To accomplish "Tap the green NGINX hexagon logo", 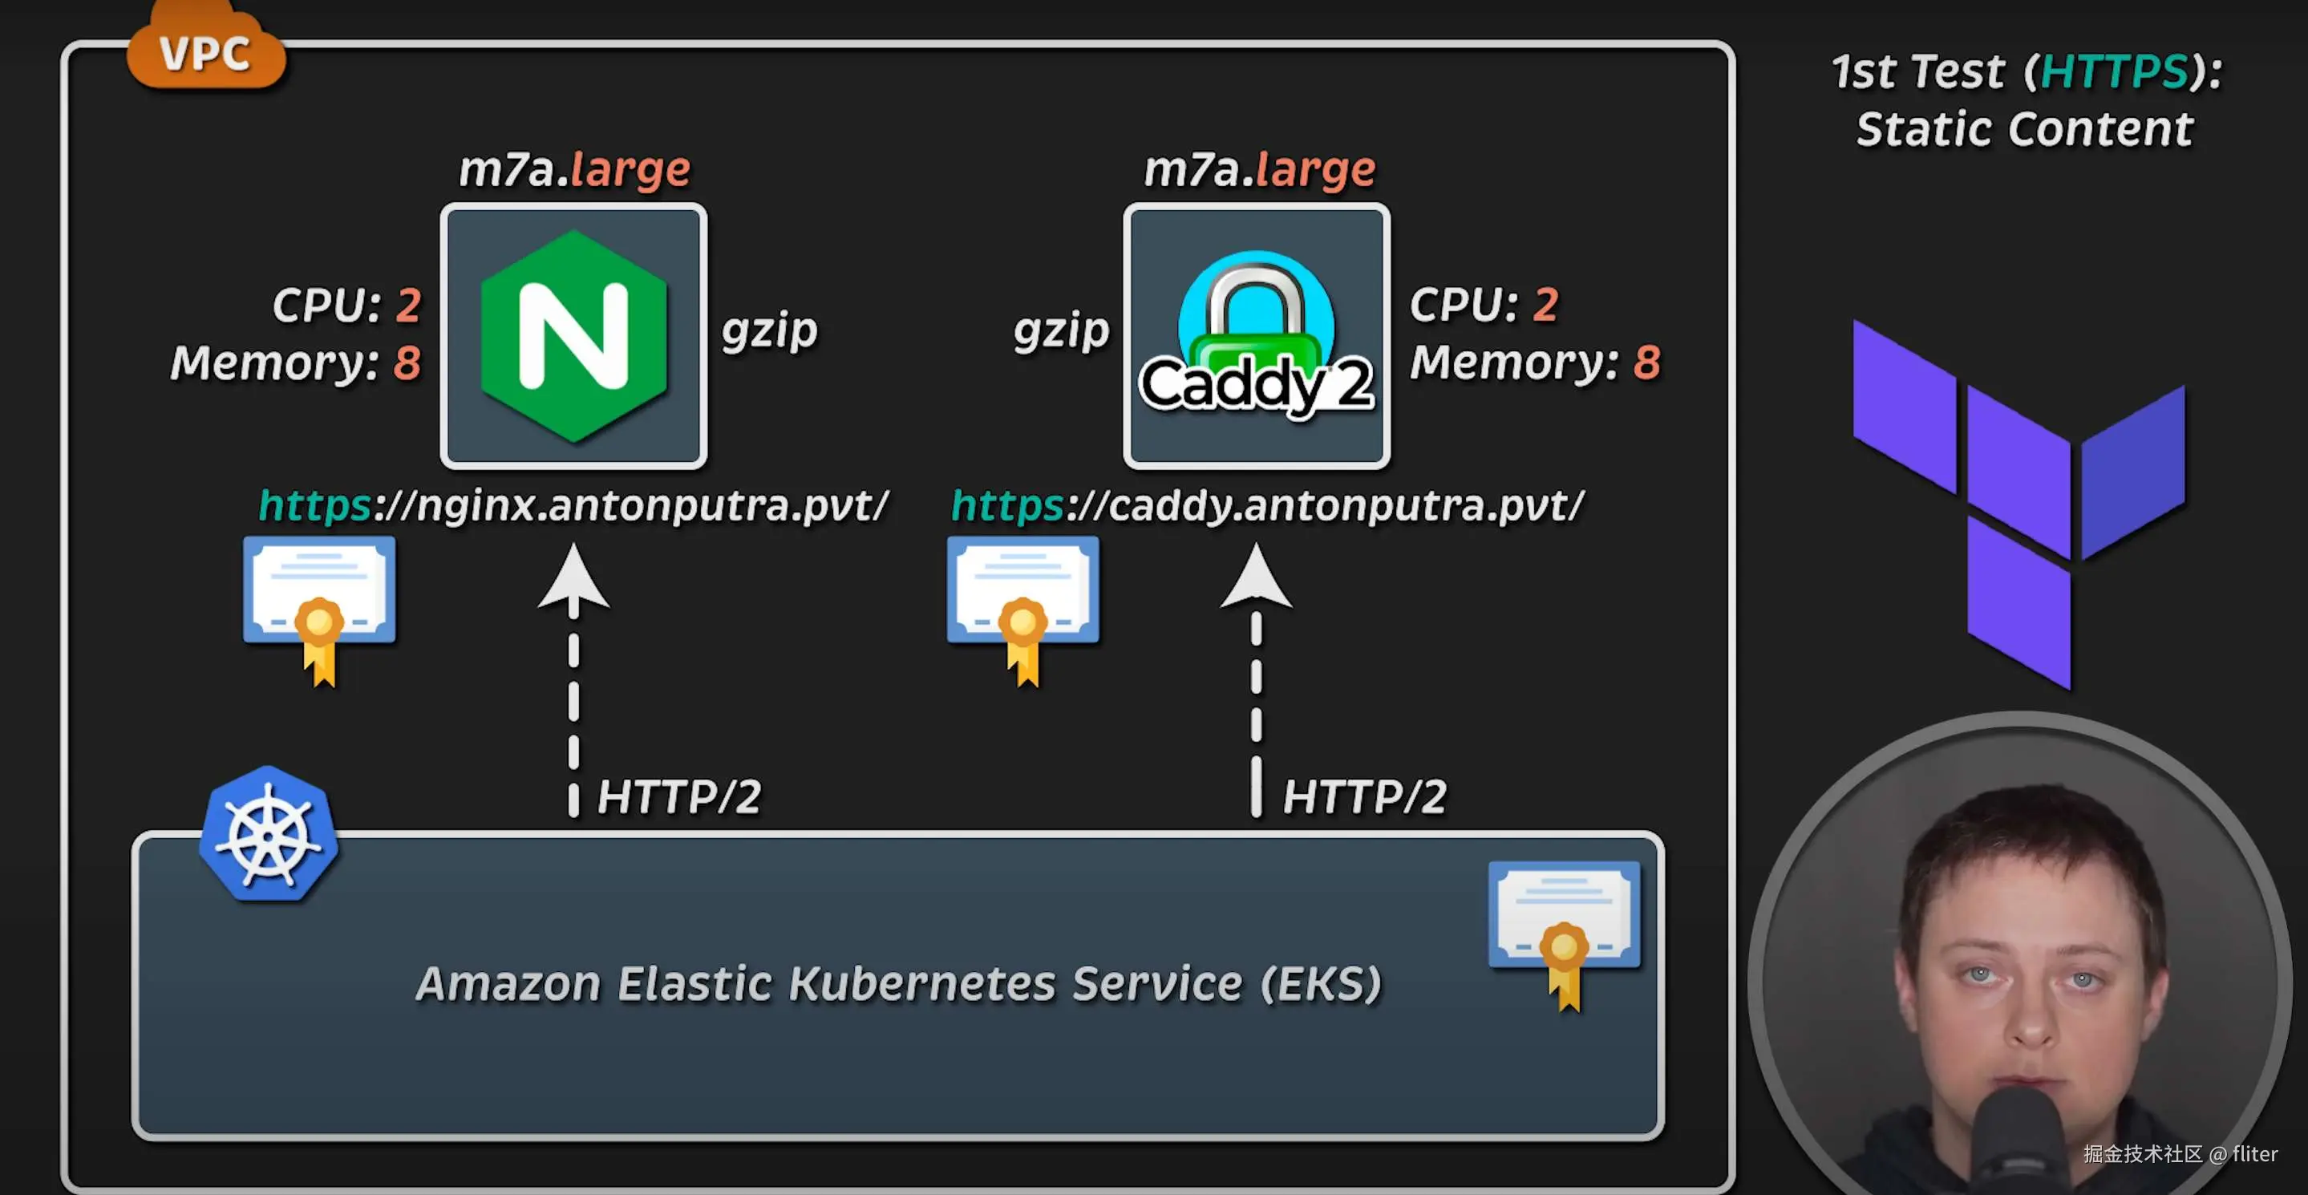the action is click(x=573, y=336).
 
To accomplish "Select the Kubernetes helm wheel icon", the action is click(x=268, y=833).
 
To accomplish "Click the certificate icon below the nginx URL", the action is click(x=319, y=610).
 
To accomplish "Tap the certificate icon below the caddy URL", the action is click(x=1023, y=610).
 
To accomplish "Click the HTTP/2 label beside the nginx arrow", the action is click(x=679, y=796).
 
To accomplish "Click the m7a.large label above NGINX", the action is click(x=574, y=169).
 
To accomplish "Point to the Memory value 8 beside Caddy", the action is click(x=1646, y=362).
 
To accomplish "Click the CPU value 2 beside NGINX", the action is click(x=408, y=305).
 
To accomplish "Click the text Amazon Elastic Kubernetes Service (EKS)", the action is click(x=899, y=983).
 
